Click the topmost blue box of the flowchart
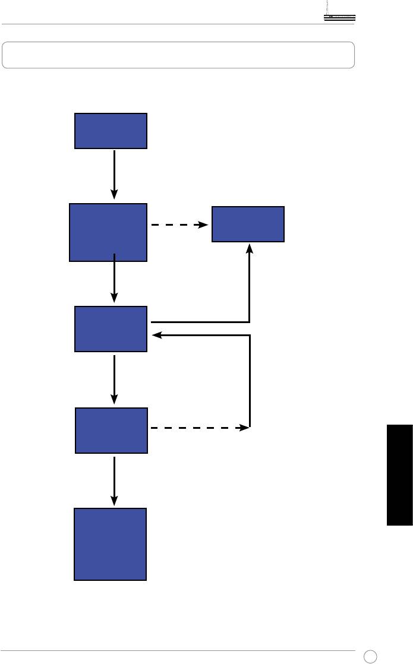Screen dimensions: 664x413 [x=111, y=131]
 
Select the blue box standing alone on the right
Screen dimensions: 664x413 [x=248, y=225]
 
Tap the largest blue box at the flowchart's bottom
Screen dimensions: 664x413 [x=110, y=543]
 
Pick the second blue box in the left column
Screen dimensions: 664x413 [x=108, y=232]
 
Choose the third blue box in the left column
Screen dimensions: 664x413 [x=111, y=329]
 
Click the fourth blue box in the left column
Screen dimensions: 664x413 [x=111, y=431]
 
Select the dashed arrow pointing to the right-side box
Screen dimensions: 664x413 [x=178, y=225]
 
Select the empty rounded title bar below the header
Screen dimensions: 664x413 [x=178, y=55]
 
